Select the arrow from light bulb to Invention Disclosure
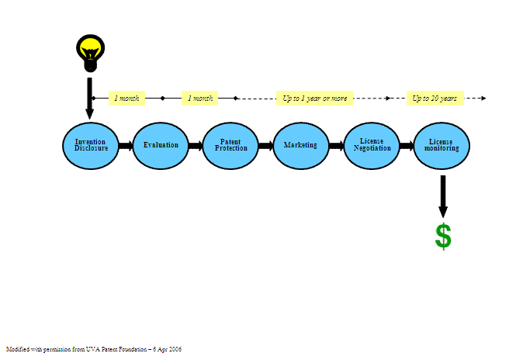90,97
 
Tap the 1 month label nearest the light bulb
127,99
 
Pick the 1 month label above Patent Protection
198,99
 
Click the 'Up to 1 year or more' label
315,99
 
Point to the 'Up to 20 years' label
435,99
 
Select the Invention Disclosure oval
91,145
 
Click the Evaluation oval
161,145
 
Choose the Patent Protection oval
231,145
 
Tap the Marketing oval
301,145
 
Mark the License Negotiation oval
372,145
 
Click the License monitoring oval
442,145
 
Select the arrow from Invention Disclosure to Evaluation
126,145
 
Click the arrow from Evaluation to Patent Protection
196,145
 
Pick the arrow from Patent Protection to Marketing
266,145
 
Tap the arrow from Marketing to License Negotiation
336,145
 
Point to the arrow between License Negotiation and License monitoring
407,145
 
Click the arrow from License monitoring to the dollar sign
443,196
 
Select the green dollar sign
443,237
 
